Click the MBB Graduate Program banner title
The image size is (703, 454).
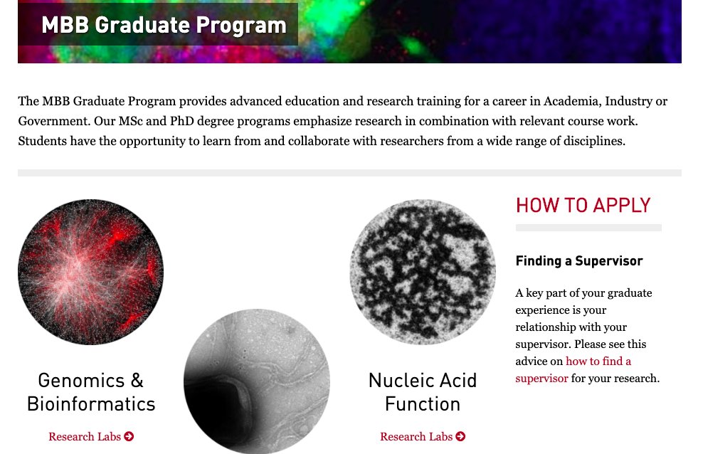click(x=164, y=26)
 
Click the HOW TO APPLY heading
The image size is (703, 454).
click(x=583, y=206)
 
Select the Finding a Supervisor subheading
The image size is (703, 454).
click(x=578, y=261)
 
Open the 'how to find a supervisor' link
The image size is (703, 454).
click(x=573, y=370)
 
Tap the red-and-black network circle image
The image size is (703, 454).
click(x=90, y=272)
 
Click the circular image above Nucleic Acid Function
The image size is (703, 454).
click(x=423, y=272)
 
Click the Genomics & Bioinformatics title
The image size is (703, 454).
click(x=90, y=392)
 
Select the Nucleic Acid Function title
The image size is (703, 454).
click(x=423, y=392)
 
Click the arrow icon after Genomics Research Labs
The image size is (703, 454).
click(x=129, y=436)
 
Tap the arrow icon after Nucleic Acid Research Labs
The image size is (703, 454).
click(x=460, y=436)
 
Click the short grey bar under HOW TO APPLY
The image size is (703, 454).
click(x=588, y=228)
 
